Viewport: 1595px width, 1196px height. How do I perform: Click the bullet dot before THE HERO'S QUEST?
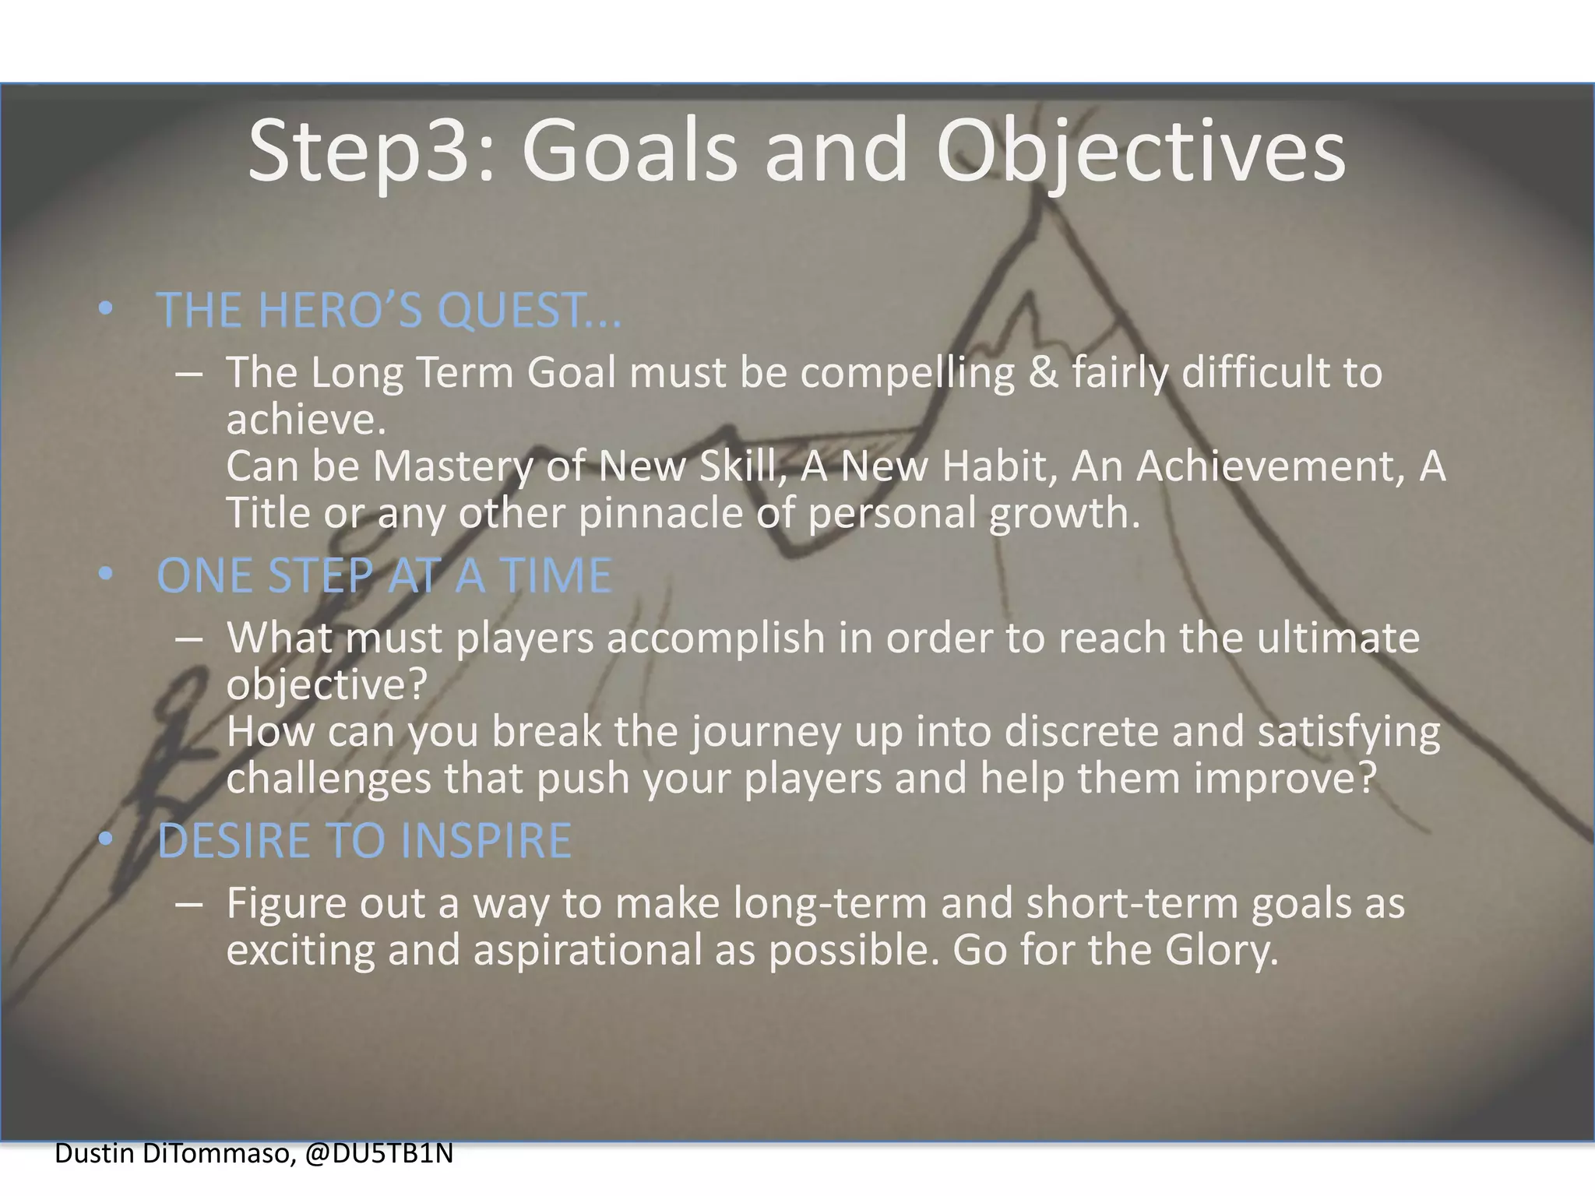106,310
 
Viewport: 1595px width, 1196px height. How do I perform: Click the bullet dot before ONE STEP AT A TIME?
106,575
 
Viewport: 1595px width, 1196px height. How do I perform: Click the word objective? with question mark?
327,685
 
